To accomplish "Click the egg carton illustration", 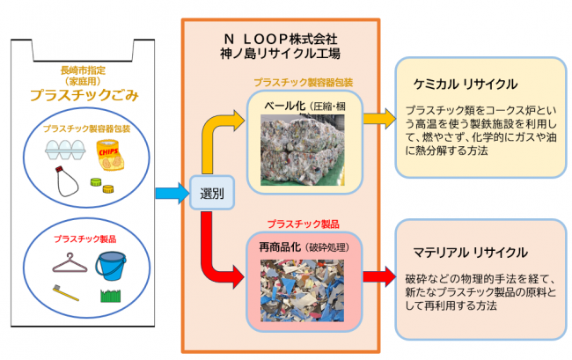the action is click(x=65, y=150).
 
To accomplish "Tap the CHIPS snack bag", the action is click(x=109, y=155).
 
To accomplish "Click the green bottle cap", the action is click(x=96, y=182).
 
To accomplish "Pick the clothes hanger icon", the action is click(x=70, y=262).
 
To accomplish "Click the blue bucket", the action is click(x=111, y=266).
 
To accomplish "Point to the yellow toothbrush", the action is click(x=66, y=293).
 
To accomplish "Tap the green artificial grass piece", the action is click(x=111, y=296).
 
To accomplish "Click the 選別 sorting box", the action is click(x=212, y=193).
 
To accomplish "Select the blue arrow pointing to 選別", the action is click(x=172, y=194).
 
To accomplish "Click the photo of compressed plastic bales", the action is click(x=303, y=150).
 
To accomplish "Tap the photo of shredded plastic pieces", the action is click(x=302, y=290).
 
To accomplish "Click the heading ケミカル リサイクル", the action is click(x=466, y=84).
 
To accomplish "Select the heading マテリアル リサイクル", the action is click(x=470, y=253).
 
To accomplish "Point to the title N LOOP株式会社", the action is click(x=280, y=39).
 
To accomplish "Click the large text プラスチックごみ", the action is click(x=84, y=95).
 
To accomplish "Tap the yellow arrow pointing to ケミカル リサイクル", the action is click(x=379, y=119).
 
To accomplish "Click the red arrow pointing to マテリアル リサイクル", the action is click(x=379, y=277).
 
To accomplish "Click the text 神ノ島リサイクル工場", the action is click(x=280, y=54).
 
